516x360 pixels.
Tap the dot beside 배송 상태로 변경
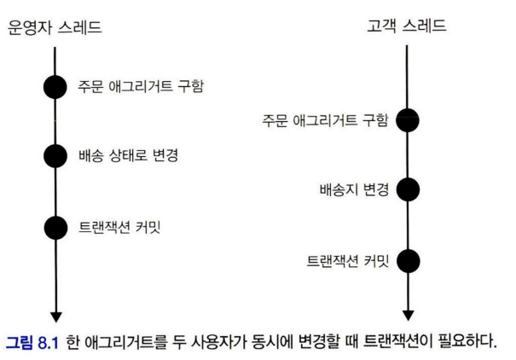(55, 157)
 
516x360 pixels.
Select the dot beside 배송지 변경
(408, 189)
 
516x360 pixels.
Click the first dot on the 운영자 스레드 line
(55, 87)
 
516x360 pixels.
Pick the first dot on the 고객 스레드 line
(408, 120)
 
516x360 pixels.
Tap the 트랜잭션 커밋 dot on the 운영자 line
(55, 228)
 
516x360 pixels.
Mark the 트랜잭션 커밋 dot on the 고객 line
(408, 260)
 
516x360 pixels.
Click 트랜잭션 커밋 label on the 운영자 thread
(124, 228)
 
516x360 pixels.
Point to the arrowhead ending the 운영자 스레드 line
(55, 314)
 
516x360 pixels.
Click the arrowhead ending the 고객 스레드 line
(408, 314)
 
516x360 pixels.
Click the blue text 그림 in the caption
(20, 342)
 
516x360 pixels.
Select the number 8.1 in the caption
(49, 342)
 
